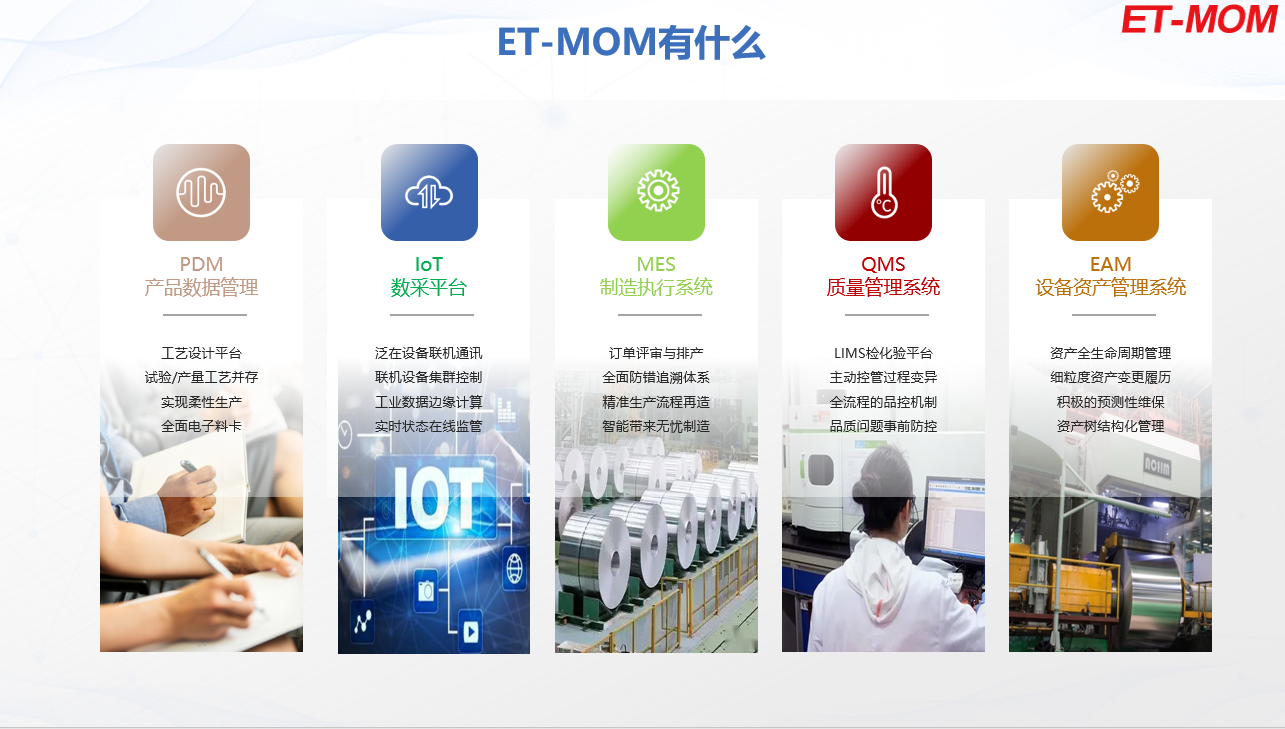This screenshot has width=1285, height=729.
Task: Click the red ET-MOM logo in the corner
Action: [1200, 20]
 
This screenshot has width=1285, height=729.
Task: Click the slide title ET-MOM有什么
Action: [631, 43]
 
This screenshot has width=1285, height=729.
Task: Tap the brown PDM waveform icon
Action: [201, 192]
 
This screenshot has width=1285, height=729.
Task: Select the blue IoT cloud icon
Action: [429, 192]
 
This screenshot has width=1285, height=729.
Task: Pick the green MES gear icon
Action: [656, 192]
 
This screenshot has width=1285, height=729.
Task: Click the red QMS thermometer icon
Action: [883, 192]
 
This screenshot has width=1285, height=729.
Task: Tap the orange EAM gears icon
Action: [1111, 192]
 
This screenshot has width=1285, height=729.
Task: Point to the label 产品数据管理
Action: [201, 287]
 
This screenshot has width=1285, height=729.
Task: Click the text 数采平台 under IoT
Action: [429, 287]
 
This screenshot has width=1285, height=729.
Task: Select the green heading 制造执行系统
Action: [656, 287]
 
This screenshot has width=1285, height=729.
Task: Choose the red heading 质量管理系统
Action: [883, 287]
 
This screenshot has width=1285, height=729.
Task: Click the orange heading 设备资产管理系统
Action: [1111, 287]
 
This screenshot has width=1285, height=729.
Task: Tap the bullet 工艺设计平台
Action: [201, 353]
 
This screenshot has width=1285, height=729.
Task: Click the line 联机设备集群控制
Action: [429, 377]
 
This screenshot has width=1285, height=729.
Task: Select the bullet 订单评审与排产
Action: [656, 353]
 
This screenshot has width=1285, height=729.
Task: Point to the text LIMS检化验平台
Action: [883, 353]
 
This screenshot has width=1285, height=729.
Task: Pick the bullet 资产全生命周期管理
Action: [1111, 353]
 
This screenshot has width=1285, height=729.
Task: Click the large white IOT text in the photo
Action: [438, 497]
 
